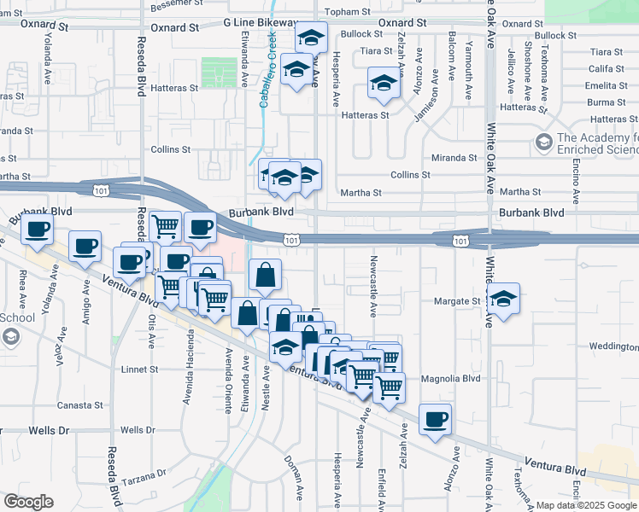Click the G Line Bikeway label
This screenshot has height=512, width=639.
click(261, 23)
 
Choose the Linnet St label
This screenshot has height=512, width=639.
click(141, 369)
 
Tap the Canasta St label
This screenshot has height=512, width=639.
click(80, 405)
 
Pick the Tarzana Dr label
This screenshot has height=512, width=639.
click(148, 475)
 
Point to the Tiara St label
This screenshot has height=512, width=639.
click(376, 51)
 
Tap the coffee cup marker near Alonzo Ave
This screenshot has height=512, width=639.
click(436, 419)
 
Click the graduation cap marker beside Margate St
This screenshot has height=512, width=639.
click(504, 299)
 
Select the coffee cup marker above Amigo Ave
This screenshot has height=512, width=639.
click(85, 246)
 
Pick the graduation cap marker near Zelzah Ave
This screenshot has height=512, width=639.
click(383, 83)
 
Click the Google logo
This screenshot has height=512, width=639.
click(28, 502)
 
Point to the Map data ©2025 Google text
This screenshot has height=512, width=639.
click(586, 505)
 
